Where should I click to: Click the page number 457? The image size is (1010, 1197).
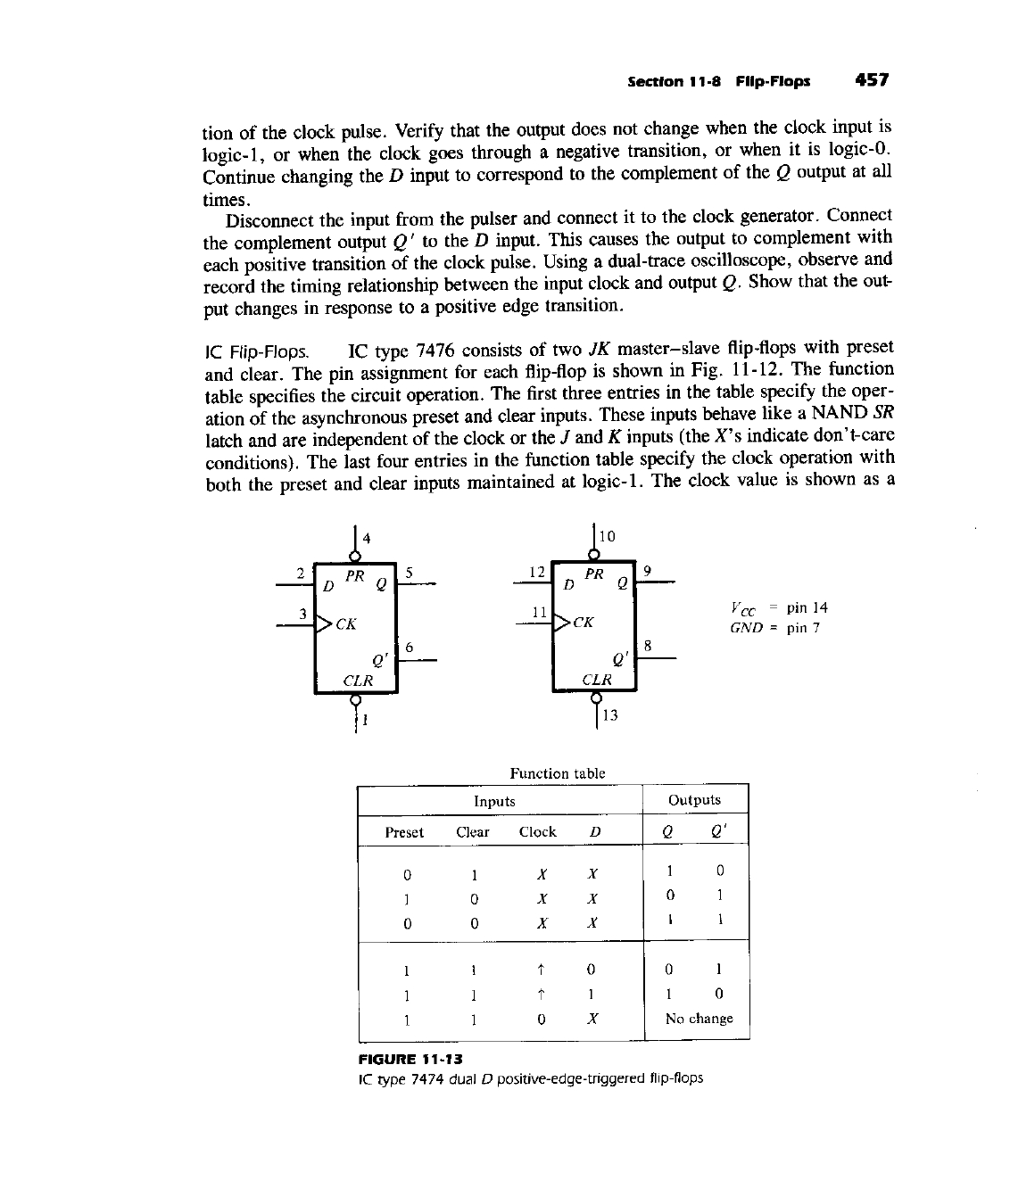tap(871, 79)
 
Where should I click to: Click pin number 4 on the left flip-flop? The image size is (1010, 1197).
tap(367, 537)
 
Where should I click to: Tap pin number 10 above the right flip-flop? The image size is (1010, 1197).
tap(607, 536)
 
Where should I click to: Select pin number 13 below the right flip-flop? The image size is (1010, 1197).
tap(610, 714)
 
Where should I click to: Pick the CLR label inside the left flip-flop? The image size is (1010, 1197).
tap(358, 680)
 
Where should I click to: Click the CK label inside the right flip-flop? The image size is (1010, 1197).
tap(583, 622)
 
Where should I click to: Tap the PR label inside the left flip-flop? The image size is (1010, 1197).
tap(354, 576)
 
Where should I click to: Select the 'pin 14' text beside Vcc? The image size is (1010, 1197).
tap(807, 607)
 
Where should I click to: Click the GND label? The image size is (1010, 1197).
tap(746, 628)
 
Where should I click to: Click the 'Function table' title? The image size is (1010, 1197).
tap(557, 773)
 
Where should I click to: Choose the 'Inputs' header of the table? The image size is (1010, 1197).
tap(494, 801)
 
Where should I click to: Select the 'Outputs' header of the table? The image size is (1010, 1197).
tap(694, 800)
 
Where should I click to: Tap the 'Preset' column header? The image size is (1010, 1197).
tap(404, 832)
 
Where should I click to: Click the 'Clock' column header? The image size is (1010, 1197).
tap(537, 832)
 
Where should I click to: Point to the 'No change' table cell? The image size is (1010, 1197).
tap(699, 1019)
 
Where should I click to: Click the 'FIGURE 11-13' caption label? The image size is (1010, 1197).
tap(407, 1059)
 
